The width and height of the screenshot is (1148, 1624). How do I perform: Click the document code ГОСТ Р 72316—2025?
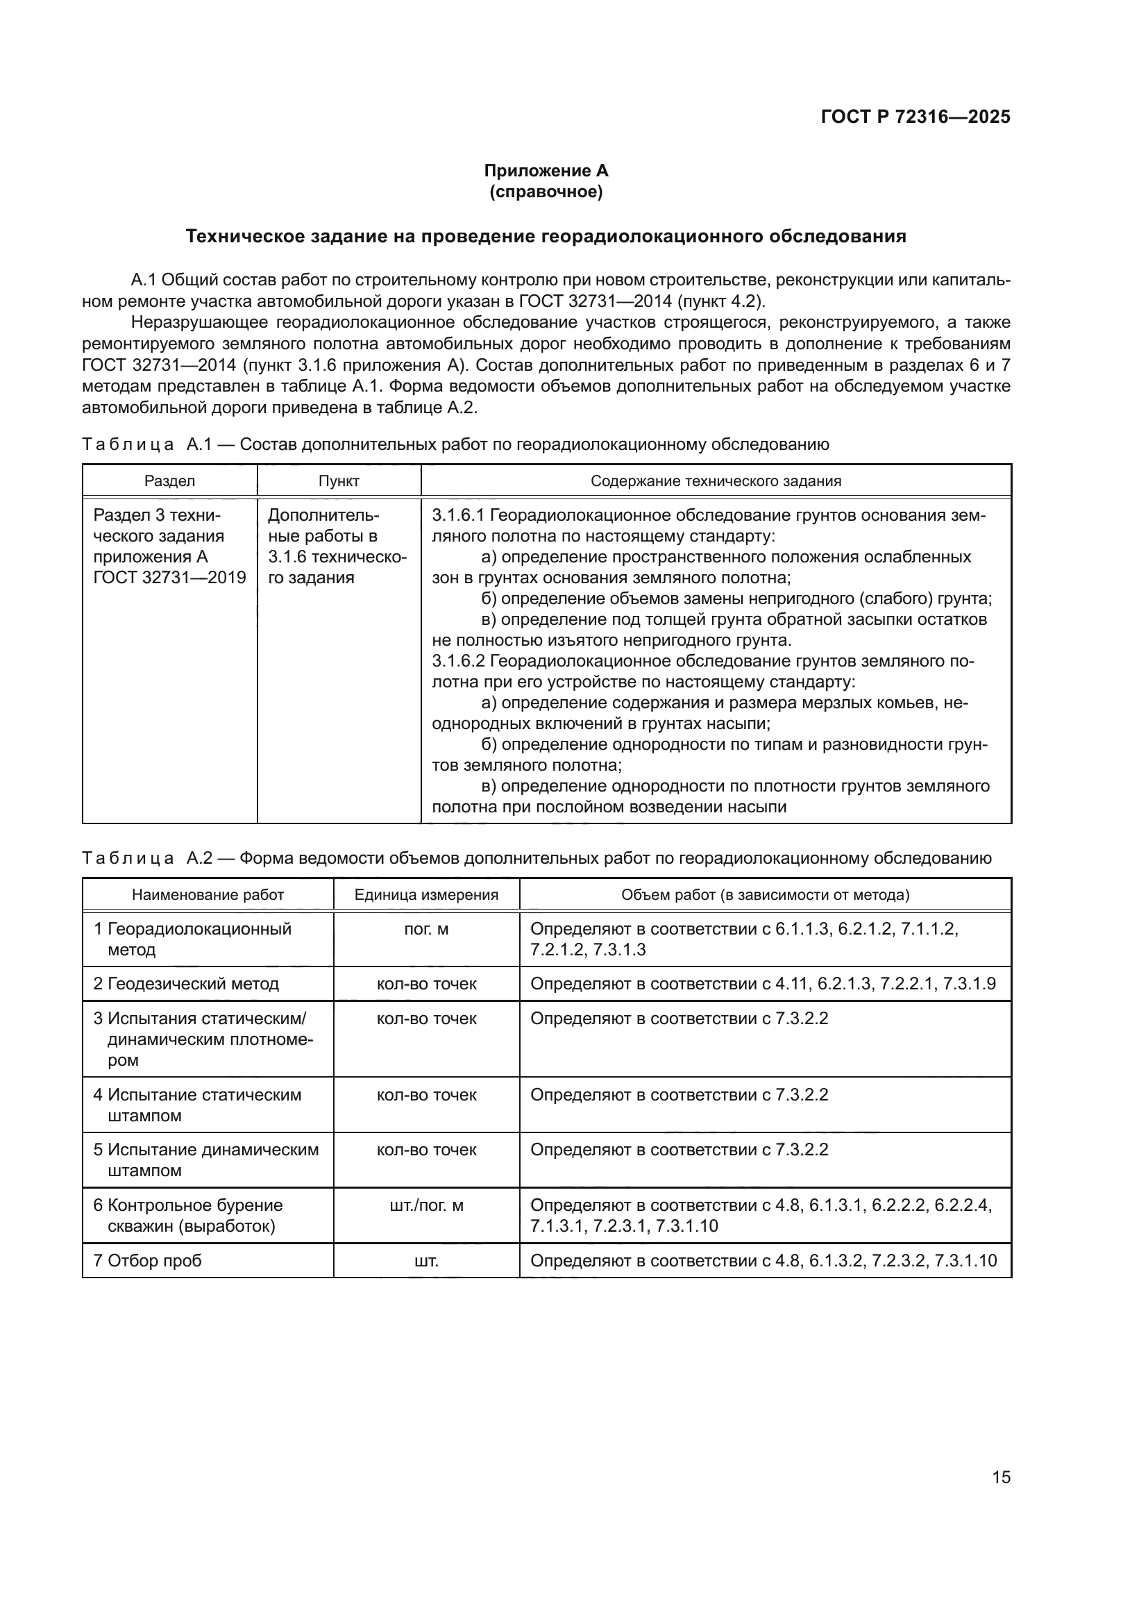915,117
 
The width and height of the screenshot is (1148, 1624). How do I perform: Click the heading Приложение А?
546,171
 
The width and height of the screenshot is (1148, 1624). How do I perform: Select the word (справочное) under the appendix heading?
546,192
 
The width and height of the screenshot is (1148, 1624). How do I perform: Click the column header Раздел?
169,481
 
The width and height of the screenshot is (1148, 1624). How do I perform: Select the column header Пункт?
339,481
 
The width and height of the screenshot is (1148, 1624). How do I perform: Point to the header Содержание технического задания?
716,481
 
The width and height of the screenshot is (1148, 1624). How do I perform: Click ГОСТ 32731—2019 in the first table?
169,577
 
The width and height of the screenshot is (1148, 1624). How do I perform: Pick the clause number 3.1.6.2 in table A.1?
458,662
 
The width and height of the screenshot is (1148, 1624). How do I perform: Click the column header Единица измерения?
426,895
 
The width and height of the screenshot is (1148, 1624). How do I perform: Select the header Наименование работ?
208,895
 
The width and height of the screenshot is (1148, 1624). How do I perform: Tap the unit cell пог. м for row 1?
426,929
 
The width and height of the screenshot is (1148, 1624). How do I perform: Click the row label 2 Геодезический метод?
187,984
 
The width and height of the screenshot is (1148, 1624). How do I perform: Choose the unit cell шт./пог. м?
426,1205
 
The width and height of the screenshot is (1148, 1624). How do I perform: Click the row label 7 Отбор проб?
148,1260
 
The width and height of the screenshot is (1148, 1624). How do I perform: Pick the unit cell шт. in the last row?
426,1260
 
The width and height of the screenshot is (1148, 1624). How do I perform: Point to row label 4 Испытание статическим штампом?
198,1105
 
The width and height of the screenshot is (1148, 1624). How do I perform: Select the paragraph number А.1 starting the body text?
144,280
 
